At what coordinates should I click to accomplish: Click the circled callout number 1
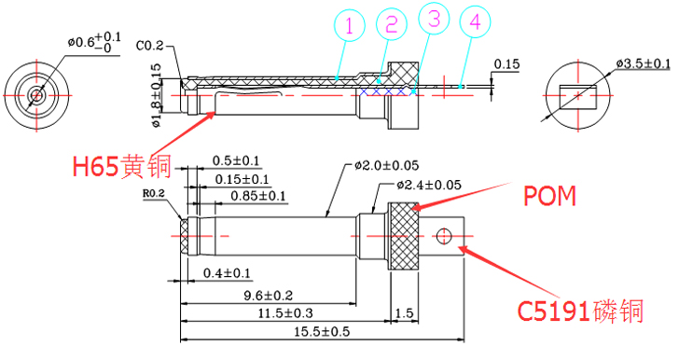coord(347,28)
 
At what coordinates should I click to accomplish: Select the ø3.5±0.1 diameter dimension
coord(643,63)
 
